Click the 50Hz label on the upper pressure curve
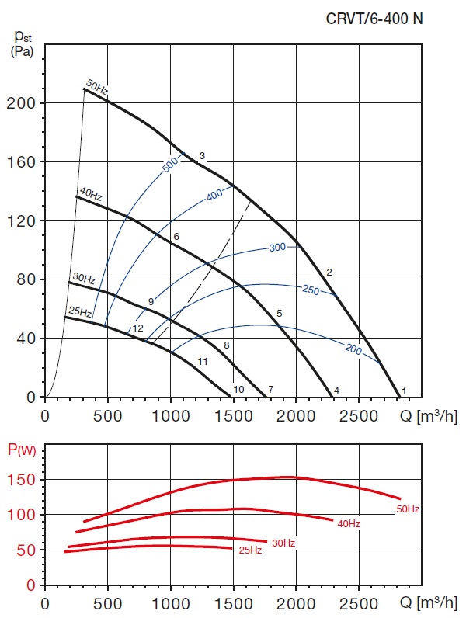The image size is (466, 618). click(x=97, y=87)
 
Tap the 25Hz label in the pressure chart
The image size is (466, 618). click(x=79, y=313)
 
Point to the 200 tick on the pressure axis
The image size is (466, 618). click(x=26, y=103)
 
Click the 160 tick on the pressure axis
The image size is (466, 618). click(x=26, y=162)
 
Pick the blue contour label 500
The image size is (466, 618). click(x=172, y=165)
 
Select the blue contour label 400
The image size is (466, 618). click(x=217, y=196)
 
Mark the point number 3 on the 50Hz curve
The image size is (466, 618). click(x=202, y=157)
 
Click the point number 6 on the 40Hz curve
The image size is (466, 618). click(x=176, y=236)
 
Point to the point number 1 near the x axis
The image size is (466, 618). click(x=404, y=390)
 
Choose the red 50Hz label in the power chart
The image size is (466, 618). click(x=408, y=509)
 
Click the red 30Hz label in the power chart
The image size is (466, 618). click(x=283, y=543)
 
